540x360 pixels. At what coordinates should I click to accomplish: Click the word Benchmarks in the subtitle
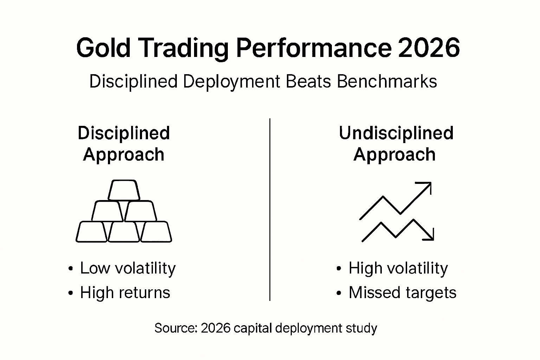pos(387,82)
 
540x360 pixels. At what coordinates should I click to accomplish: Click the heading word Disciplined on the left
pos(124,134)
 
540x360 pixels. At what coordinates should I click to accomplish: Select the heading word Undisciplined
pos(396,134)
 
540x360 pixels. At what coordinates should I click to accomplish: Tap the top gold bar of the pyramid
pos(124,190)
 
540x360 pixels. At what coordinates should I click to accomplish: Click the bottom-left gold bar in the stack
pos(91,232)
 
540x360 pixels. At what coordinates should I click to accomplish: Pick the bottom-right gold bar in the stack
pos(156,232)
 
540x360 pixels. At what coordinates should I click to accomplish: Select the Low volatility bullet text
pos(128,268)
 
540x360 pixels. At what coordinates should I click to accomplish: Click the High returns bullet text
pos(125,292)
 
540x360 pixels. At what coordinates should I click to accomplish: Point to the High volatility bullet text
pos(398,268)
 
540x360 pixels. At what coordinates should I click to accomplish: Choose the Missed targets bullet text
pos(402,292)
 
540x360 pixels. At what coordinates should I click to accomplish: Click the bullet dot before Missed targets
pos(339,293)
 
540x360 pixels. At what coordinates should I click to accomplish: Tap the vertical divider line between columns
pos(270,211)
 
